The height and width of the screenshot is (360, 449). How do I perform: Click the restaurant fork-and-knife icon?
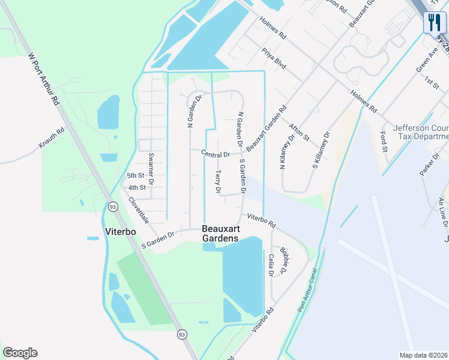coord(434,23)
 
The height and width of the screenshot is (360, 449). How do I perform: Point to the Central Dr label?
coord(216,154)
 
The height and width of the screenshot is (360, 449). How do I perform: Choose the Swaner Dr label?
coord(152,166)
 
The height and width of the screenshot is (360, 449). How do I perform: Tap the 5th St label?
coord(136,176)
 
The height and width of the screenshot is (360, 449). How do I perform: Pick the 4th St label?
coord(137,188)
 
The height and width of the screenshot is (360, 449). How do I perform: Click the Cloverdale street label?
coord(139,211)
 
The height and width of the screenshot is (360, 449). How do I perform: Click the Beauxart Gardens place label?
coord(220,233)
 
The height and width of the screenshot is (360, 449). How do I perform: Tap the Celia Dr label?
coord(271,265)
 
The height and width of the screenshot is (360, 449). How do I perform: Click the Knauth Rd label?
coord(52,141)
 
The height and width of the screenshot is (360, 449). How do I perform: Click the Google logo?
coord(20,353)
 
